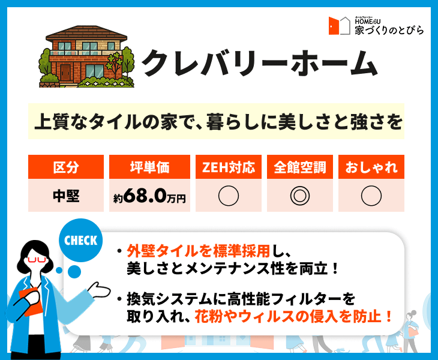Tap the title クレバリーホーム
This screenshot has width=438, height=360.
[260, 63]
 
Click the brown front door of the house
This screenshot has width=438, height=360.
[65, 73]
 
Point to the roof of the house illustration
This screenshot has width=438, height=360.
[86, 33]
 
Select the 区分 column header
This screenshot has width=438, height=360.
[66, 167]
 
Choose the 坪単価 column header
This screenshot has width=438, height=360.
[149, 167]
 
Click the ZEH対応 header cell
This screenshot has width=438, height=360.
[228, 167]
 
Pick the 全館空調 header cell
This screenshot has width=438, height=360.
[300, 167]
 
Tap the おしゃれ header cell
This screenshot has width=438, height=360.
[371, 167]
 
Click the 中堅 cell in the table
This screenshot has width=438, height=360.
[66, 196]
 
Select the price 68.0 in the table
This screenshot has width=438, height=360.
[145, 196]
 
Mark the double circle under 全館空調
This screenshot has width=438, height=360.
[300, 196]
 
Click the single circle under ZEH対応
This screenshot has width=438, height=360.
[228, 196]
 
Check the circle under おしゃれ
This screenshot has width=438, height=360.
[371, 196]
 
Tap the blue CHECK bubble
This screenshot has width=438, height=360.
[80, 240]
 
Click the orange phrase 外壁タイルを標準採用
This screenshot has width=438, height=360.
[199, 251]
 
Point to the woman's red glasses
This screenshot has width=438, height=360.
[37, 259]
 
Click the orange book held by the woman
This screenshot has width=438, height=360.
[31, 301]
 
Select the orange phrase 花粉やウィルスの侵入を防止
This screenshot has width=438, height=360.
[288, 316]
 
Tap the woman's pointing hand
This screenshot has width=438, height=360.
[99, 290]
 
